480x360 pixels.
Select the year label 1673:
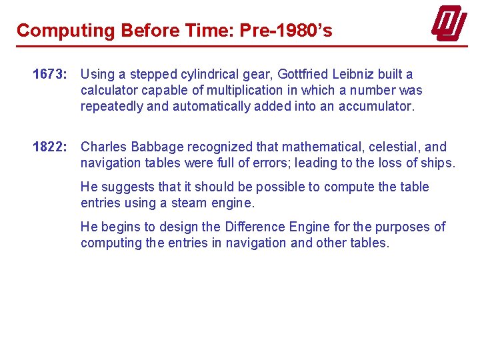tap(50, 74)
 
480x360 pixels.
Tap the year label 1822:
tap(50, 147)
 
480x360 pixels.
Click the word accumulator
tap(377, 106)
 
